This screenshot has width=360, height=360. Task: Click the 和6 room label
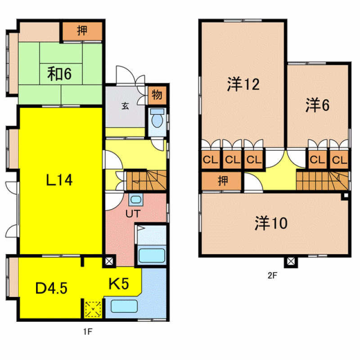click(x=59, y=73)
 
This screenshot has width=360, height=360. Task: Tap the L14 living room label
click(x=59, y=180)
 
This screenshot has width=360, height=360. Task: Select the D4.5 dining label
click(x=51, y=288)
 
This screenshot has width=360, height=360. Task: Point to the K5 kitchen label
click(x=119, y=283)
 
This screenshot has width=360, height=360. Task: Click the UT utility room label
click(x=133, y=214)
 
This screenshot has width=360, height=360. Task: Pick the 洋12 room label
click(x=243, y=84)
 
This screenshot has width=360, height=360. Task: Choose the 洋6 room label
click(x=318, y=105)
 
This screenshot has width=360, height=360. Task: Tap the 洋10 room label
click(x=271, y=223)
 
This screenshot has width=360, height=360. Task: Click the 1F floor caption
click(x=88, y=332)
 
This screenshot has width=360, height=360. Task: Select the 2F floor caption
click(x=273, y=275)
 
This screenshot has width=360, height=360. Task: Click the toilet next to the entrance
click(x=157, y=118)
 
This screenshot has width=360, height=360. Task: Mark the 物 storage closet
click(x=157, y=94)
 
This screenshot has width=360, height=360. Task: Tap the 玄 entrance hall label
click(x=125, y=106)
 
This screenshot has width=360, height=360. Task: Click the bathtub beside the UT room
click(x=152, y=255)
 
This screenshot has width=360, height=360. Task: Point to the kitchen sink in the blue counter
click(x=124, y=306)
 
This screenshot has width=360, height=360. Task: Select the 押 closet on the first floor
click(x=82, y=31)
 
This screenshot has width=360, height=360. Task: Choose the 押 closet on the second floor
click(x=222, y=181)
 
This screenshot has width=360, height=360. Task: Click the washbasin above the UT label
click(x=136, y=199)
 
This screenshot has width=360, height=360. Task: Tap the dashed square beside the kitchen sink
click(x=93, y=309)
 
